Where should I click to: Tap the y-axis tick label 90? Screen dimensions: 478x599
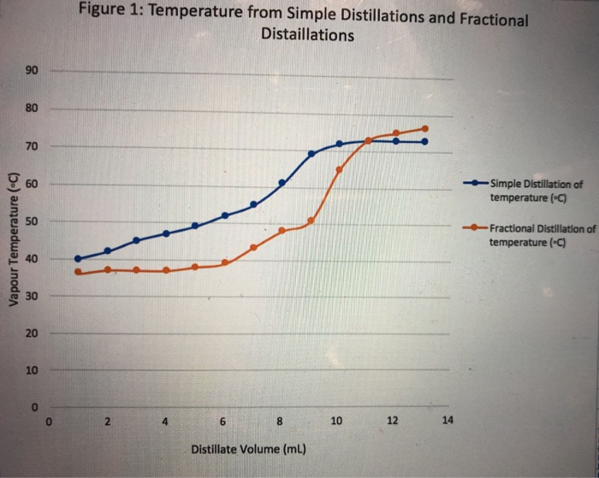[33, 71]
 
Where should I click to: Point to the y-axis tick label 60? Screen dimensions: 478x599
[33, 185]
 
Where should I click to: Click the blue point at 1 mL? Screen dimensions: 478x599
[78, 258]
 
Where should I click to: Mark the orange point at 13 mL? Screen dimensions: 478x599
[424, 128]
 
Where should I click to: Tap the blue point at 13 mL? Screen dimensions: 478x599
[424, 142]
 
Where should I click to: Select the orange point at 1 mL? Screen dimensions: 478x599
[78, 272]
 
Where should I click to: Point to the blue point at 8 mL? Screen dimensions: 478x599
[282, 183]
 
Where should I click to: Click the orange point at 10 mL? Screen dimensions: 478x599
[339, 169]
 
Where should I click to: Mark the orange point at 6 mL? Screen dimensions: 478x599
[224, 263]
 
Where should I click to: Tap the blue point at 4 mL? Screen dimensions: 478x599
[166, 233]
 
